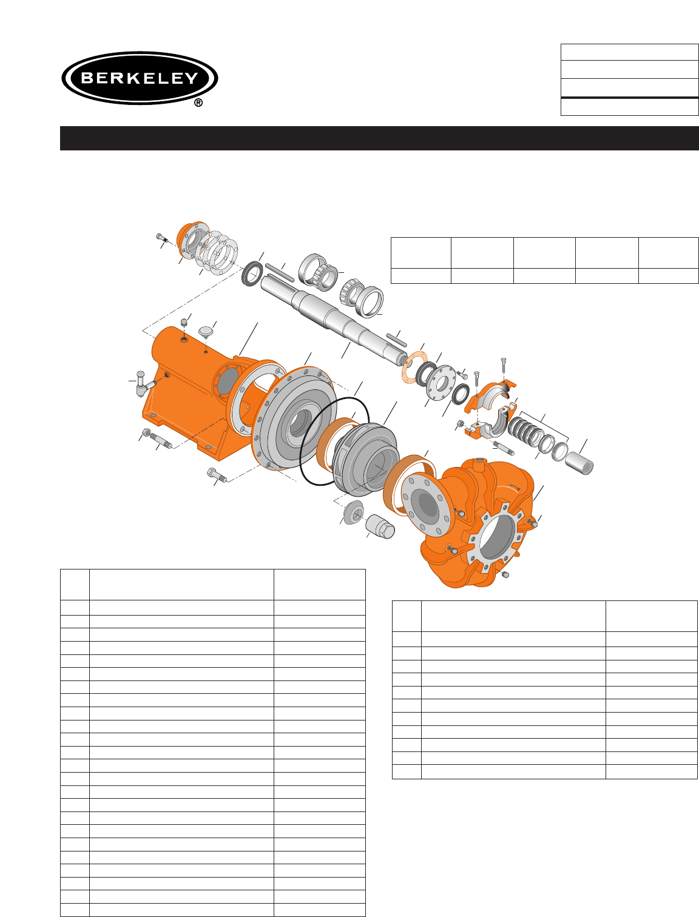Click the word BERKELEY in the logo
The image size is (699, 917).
pyautogui.click(x=140, y=78)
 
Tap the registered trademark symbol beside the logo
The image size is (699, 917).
pyautogui.click(x=198, y=102)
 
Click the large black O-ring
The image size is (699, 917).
pyautogui.click(x=334, y=441)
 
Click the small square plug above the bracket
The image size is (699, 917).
pyautogui.click(x=183, y=323)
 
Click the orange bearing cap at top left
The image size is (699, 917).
pyautogui.click(x=193, y=240)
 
